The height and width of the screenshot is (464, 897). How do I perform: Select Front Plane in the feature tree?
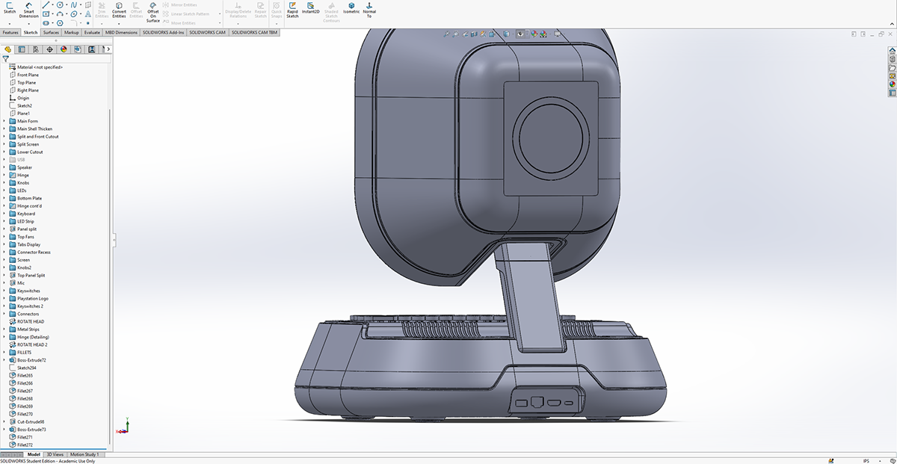pyautogui.click(x=28, y=75)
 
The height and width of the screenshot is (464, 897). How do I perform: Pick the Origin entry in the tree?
pyautogui.click(x=23, y=98)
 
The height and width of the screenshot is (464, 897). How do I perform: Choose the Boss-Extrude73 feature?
pyautogui.click(x=31, y=430)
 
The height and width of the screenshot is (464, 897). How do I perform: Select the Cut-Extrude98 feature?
pyautogui.click(x=31, y=421)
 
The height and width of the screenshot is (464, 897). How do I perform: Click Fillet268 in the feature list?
pyautogui.click(x=25, y=398)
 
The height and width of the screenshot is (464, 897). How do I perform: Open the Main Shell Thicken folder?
pyautogui.click(x=34, y=129)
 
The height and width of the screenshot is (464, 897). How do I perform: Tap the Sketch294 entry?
pyautogui.click(x=26, y=368)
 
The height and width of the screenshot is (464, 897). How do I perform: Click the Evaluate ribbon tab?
pyautogui.click(x=92, y=33)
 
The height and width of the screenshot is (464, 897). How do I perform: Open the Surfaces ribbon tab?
pyautogui.click(x=51, y=33)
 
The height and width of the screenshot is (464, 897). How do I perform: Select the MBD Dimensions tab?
pyautogui.click(x=121, y=33)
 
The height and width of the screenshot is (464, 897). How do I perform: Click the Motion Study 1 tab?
pyautogui.click(x=84, y=454)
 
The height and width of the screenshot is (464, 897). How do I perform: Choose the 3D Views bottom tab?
pyautogui.click(x=55, y=454)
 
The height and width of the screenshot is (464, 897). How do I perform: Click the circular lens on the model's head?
pyautogui.click(x=549, y=140)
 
